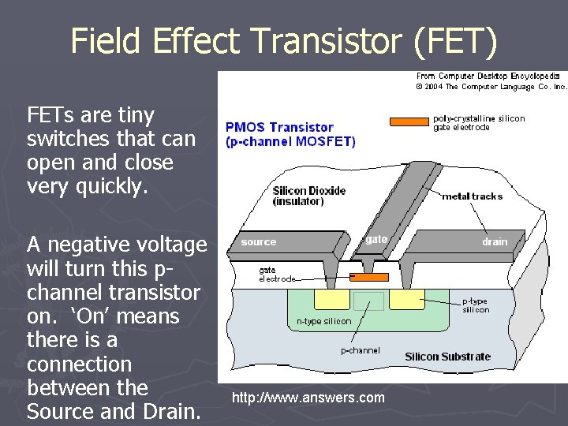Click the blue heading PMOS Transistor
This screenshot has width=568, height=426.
(x=279, y=127)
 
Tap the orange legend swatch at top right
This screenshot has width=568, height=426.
(x=409, y=121)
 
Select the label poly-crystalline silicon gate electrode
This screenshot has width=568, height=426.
(x=479, y=122)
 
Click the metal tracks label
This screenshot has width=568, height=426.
(x=472, y=196)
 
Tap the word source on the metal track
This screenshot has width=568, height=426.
(x=259, y=242)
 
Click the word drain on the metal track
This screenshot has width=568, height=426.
(x=495, y=242)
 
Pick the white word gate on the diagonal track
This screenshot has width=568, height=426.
(x=376, y=239)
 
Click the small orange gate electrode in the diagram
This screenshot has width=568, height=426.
(x=369, y=277)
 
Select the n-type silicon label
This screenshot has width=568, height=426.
(x=323, y=321)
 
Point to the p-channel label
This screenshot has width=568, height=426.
(x=360, y=350)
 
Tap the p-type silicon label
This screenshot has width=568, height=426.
(x=476, y=305)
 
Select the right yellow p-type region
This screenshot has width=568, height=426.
(x=405, y=300)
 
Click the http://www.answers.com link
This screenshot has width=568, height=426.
(x=308, y=397)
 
